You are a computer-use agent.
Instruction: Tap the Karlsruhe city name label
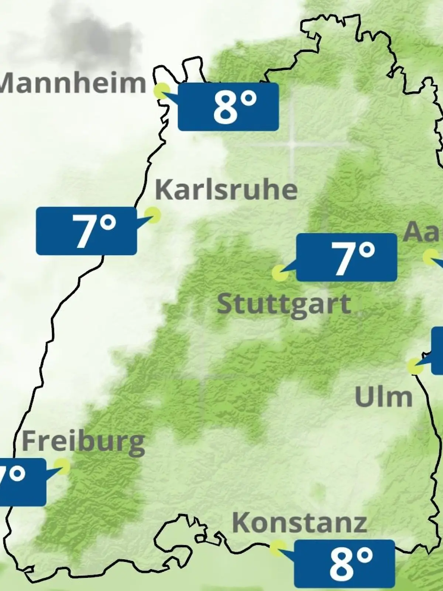point(226,190)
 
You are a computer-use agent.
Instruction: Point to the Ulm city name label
point(383,397)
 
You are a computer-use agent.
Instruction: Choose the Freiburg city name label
point(83,443)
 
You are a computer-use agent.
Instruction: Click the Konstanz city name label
point(299,523)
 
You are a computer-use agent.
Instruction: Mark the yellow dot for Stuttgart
point(280,273)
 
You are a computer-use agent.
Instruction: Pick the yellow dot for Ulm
point(416,366)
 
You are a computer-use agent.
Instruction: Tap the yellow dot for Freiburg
point(62,467)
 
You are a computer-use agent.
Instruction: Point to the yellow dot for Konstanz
point(278,549)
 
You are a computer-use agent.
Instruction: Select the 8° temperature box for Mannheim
point(228,107)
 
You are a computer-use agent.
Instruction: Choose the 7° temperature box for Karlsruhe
point(86,231)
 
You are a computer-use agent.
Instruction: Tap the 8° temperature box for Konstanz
point(344,563)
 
